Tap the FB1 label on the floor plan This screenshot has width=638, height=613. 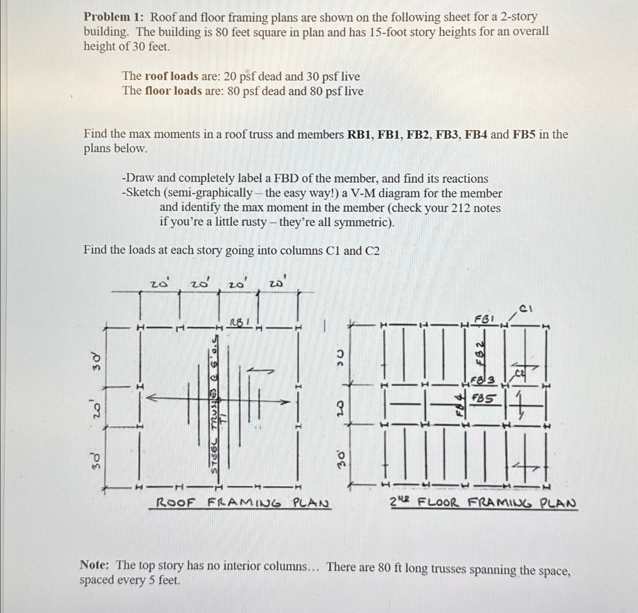click(484, 318)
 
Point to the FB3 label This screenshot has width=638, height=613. click(482, 380)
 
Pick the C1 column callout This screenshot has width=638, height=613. click(526, 309)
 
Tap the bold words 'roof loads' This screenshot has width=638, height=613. click(171, 76)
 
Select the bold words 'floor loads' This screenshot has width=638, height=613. click(173, 91)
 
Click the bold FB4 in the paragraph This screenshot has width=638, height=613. click(474, 134)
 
